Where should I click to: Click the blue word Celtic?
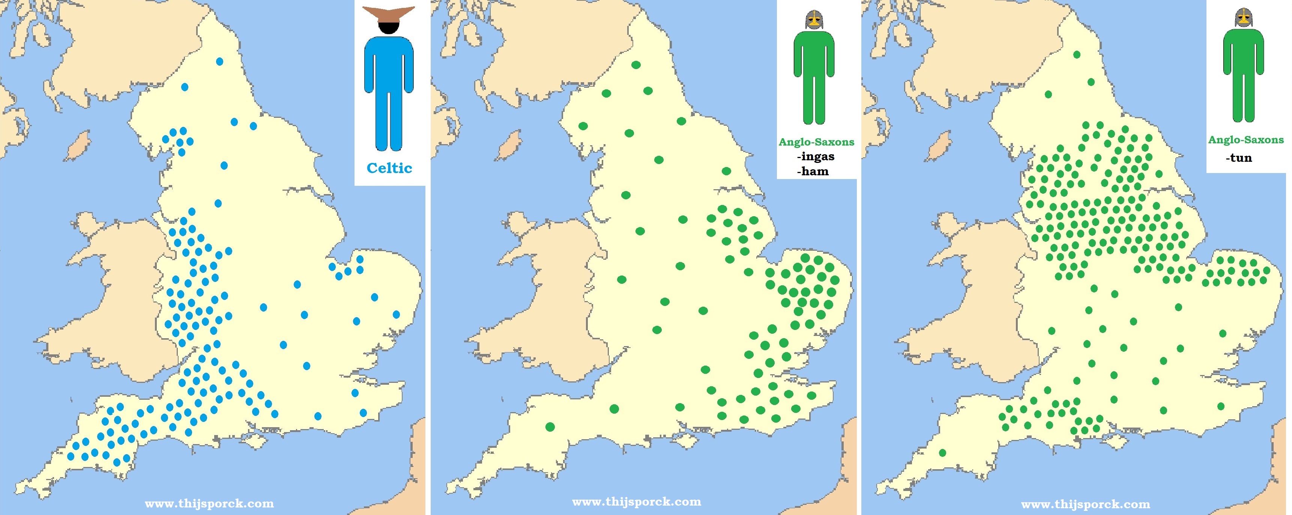pyautogui.click(x=389, y=168)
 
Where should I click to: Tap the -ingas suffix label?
pyautogui.click(x=816, y=157)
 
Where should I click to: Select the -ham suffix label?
pyautogui.click(x=813, y=172)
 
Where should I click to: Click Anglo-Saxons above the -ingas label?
pyautogui.click(x=816, y=142)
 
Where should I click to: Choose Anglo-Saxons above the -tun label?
pyautogui.click(x=1246, y=140)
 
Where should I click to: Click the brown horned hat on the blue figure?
pyautogui.click(x=389, y=15)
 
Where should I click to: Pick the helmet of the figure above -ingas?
pyautogui.click(x=814, y=20)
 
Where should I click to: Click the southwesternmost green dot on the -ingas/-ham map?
pyautogui.click(x=550, y=427)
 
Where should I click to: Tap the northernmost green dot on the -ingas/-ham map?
pyautogui.click(x=636, y=65)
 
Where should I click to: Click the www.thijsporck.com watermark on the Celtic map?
pyautogui.click(x=209, y=503)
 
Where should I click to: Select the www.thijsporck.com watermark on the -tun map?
pyautogui.click(x=1085, y=504)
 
